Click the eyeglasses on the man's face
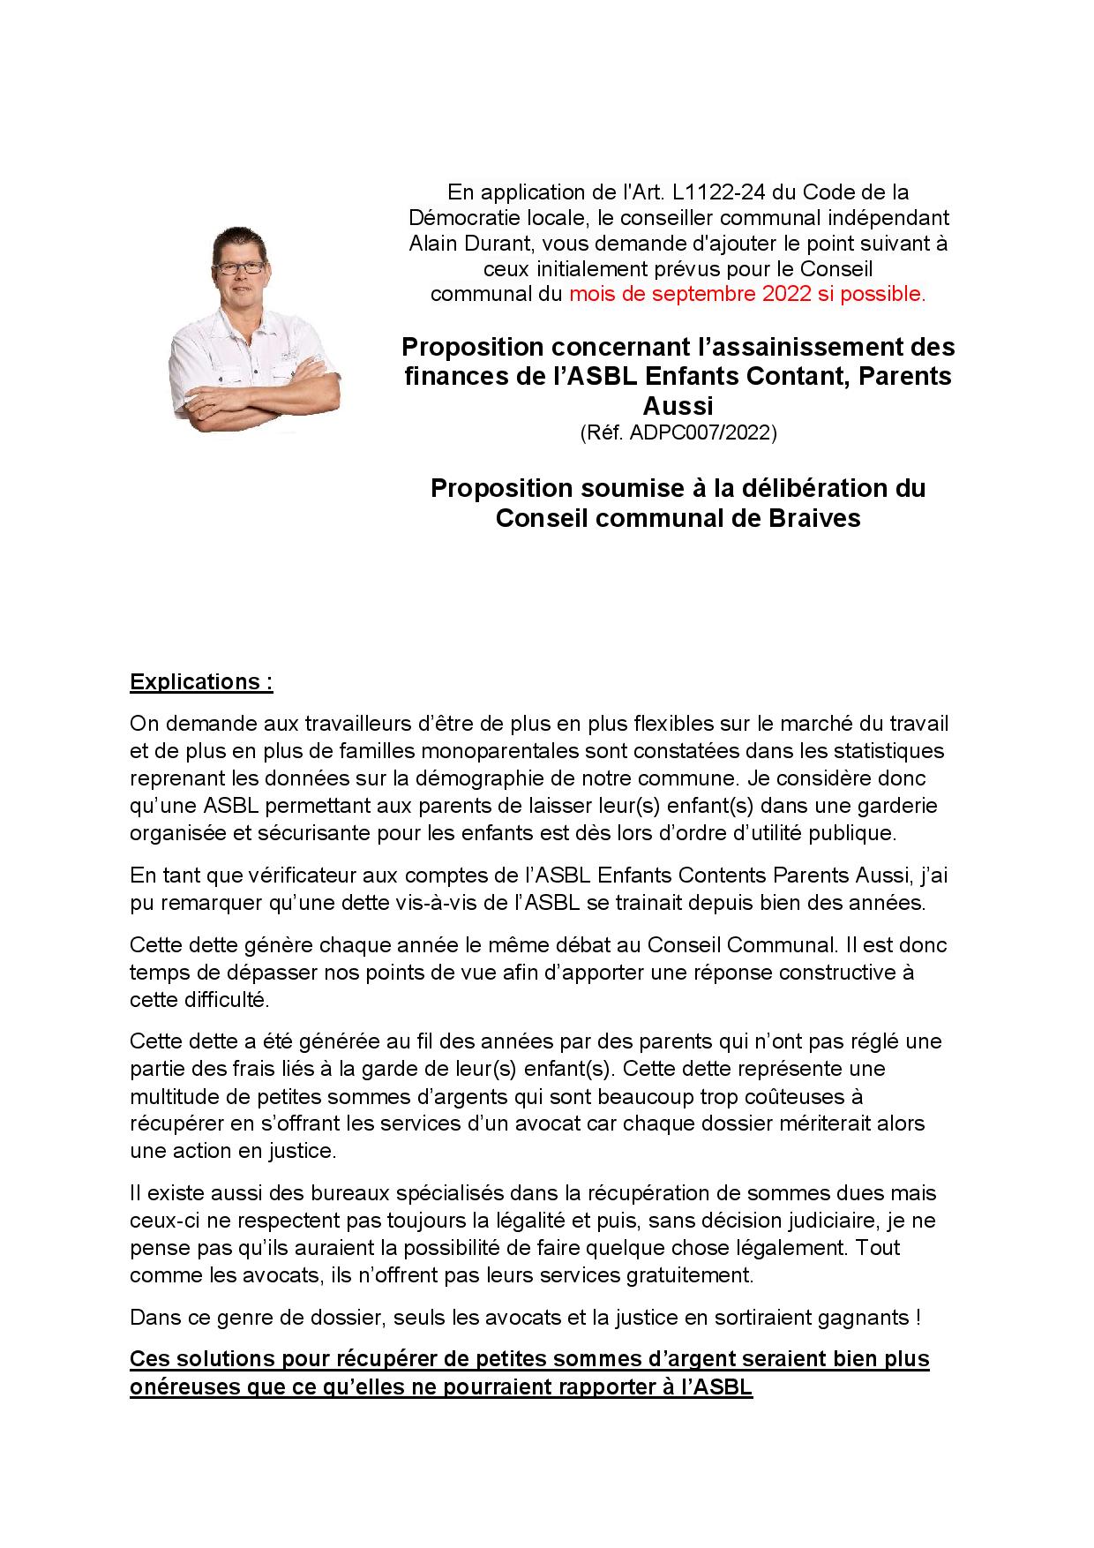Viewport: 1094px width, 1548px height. click(238, 267)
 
